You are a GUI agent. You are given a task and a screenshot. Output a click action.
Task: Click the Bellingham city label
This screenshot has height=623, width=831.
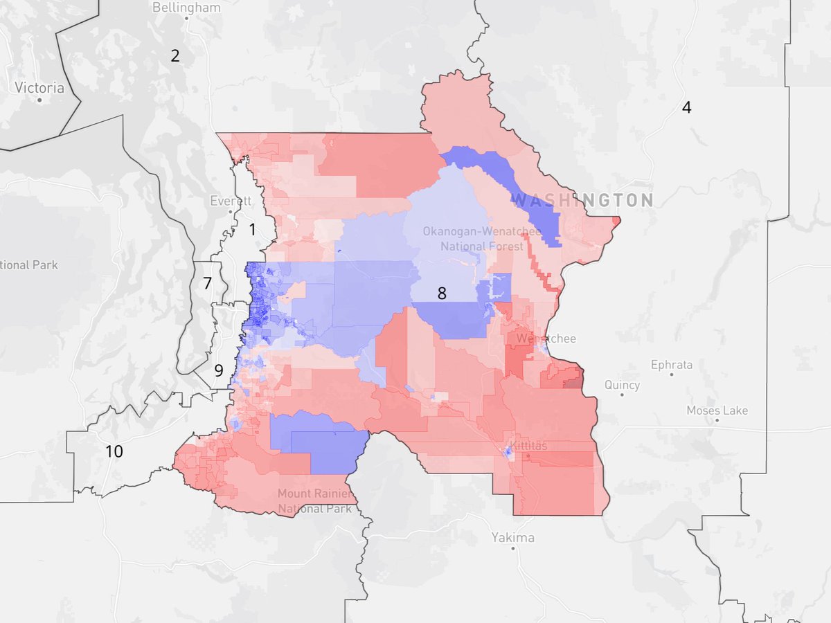[x=188, y=8]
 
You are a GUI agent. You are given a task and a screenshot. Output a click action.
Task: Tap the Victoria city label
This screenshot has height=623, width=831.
[x=39, y=88]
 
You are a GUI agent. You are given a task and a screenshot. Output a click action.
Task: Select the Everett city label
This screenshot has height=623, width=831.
[x=231, y=201]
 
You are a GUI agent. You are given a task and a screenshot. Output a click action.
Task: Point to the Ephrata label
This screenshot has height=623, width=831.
[x=671, y=365]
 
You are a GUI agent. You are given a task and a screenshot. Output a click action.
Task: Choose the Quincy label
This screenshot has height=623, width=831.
[x=622, y=385]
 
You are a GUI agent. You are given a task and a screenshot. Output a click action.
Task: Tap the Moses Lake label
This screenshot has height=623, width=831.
[x=717, y=410]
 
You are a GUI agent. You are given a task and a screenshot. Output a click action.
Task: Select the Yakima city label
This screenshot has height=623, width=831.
[x=513, y=537]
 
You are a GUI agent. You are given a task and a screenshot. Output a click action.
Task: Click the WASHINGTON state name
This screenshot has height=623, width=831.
[x=582, y=201]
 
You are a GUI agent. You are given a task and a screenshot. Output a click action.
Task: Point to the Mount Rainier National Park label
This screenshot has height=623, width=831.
[x=314, y=501]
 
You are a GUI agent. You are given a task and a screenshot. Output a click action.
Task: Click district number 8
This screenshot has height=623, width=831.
[x=441, y=294]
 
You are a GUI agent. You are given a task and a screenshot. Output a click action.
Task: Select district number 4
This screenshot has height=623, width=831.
[x=686, y=107]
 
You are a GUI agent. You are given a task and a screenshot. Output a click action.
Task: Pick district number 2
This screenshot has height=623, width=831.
[x=175, y=56]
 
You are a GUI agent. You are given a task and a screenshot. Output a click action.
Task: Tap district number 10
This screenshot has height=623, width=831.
[x=114, y=452]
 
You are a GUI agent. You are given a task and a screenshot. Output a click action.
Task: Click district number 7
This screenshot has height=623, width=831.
[x=207, y=282]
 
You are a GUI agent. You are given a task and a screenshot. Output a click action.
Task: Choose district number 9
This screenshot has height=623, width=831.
[x=218, y=370]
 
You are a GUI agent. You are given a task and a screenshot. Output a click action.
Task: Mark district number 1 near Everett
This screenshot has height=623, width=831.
[x=252, y=228]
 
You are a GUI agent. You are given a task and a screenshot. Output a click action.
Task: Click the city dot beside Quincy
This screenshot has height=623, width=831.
[x=622, y=396]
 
